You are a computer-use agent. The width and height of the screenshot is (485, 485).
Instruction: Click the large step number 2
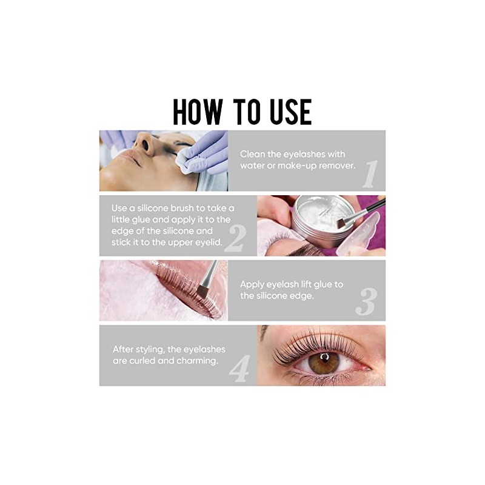pos(234,238)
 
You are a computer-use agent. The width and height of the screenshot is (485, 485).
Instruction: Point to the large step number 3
pos(366,301)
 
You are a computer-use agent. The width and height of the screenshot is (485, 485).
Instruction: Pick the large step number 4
pos(239,367)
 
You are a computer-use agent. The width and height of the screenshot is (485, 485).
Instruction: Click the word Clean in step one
pos(253,154)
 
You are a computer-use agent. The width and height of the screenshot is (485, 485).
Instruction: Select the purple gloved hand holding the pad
pos(206,155)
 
